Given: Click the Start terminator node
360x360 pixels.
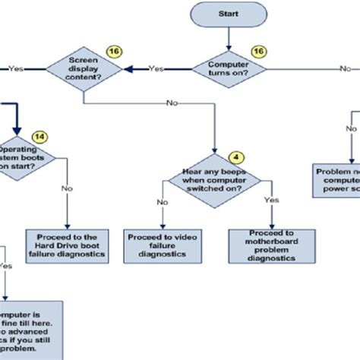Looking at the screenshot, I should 228,14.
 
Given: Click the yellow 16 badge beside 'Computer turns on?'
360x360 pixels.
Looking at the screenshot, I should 257,50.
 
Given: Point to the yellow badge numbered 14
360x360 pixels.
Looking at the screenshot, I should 39,136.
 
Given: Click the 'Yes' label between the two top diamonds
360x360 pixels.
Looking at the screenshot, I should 156,68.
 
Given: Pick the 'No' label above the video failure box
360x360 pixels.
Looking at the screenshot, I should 163,202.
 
